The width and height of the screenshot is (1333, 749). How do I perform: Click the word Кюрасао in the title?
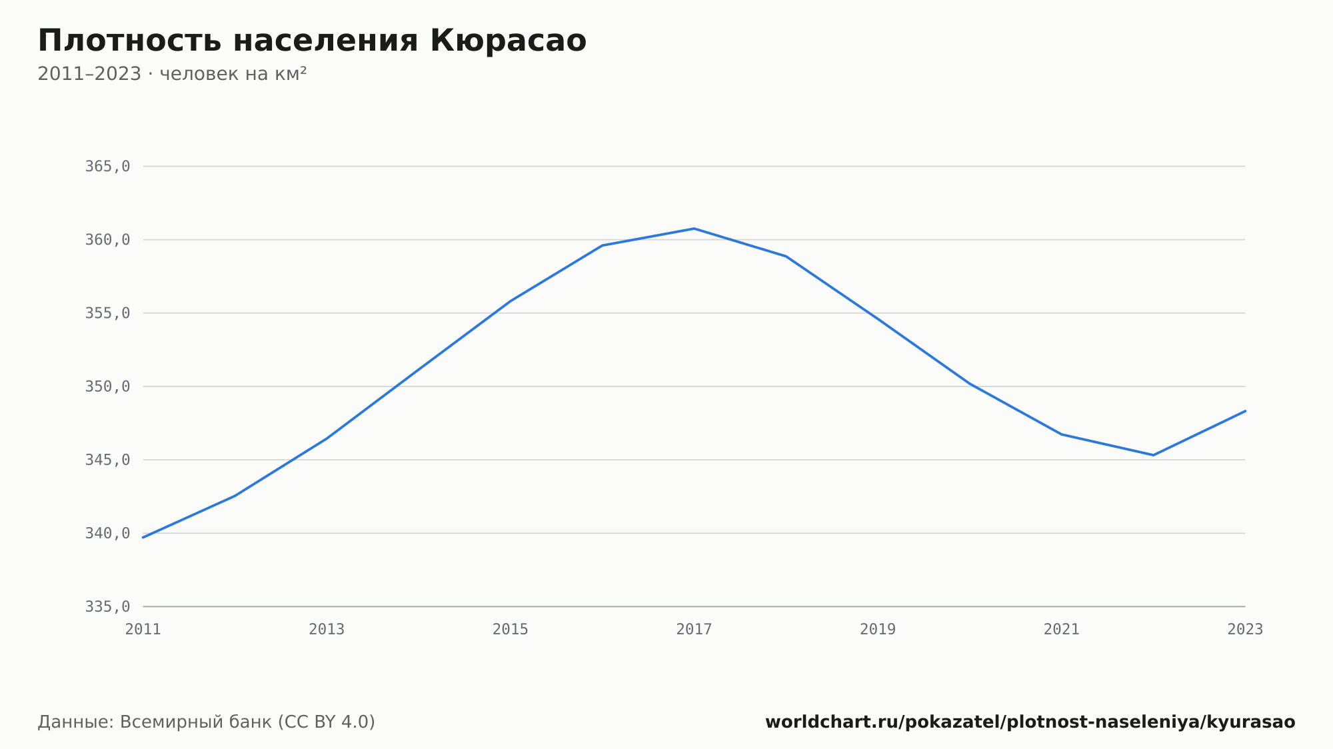pyautogui.click(x=508, y=41)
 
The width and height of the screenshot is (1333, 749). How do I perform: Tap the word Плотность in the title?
pyautogui.click(x=129, y=41)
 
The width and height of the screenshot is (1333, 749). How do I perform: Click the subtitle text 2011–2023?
pyautogui.click(x=89, y=74)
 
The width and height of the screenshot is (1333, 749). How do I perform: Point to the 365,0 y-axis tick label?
pyautogui.click(x=107, y=167)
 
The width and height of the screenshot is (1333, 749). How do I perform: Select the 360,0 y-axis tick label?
pyautogui.click(x=107, y=240)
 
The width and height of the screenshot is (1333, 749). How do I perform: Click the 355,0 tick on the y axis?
pyautogui.click(x=107, y=313)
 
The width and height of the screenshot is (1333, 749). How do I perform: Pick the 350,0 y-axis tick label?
pyautogui.click(x=107, y=386)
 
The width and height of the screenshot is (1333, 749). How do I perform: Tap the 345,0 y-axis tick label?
pyautogui.click(x=107, y=460)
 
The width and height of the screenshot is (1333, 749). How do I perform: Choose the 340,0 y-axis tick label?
pyautogui.click(x=107, y=533)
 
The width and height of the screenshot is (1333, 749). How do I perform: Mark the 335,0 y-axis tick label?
pyautogui.click(x=107, y=606)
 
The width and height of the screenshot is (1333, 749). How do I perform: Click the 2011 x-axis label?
pyautogui.click(x=143, y=629)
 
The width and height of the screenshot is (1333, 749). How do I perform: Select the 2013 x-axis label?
pyautogui.click(x=327, y=629)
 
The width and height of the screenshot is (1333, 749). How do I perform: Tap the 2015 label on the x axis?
pyautogui.click(x=511, y=629)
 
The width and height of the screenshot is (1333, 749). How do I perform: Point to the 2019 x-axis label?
pyautogui.click(x=878, y=629)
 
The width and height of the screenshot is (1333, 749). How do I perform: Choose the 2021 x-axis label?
pyautogui.click(x=1062, y=629)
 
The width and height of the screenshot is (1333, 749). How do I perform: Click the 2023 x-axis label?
pyautogui.click(x=1245, y=629)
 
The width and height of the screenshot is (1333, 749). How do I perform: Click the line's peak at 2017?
pyautogui.click(x=694, y=229)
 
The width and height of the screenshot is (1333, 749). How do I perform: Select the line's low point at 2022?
pyautogui.click(x=1153, y=455)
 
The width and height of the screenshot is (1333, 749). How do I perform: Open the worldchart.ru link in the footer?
pyautogui.click(x=1030, y=722)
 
